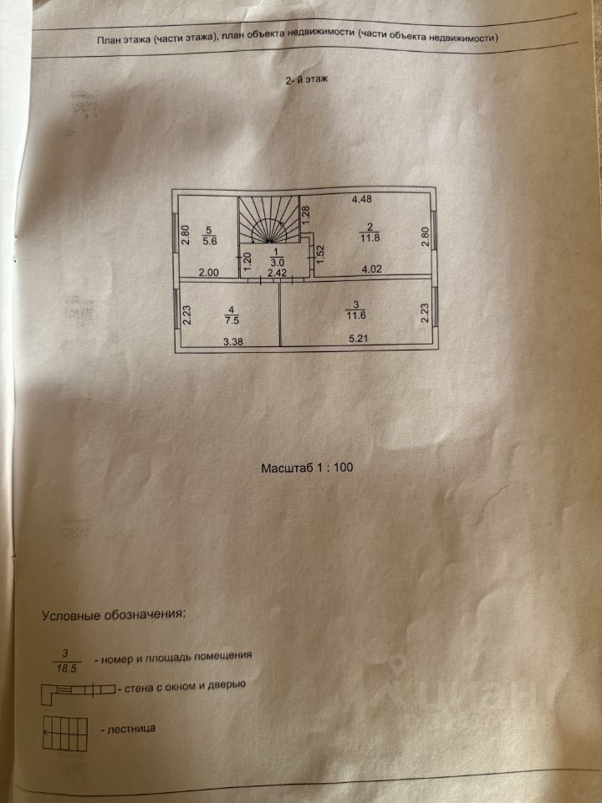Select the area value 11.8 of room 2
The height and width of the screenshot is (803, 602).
[x=369, y=237]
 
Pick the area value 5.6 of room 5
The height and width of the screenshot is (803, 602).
[x=210, y=238]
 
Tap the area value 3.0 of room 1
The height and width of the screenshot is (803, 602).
[x=276, y=260]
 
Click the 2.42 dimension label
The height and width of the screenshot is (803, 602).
[x=277, y=271]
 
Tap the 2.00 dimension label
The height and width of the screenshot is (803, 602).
[x=208, y=271]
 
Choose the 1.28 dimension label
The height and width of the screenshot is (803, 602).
[x=306, y=212]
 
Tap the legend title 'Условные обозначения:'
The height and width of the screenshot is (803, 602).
[x=115, y=615]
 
